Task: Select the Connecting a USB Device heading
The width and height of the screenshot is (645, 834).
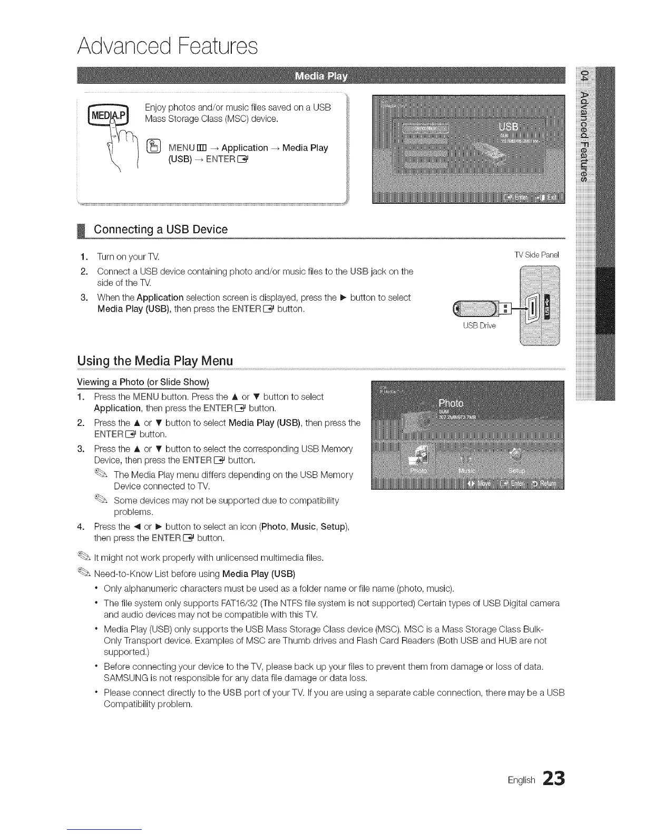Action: tap(160, 230)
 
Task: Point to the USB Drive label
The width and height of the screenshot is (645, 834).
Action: tap(479, 325)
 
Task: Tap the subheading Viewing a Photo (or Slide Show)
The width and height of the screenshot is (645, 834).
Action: tap(143, 382)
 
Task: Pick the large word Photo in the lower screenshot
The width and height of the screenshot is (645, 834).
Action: tap(451, 403)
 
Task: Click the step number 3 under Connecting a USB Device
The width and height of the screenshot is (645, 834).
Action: tap(84, 297)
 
